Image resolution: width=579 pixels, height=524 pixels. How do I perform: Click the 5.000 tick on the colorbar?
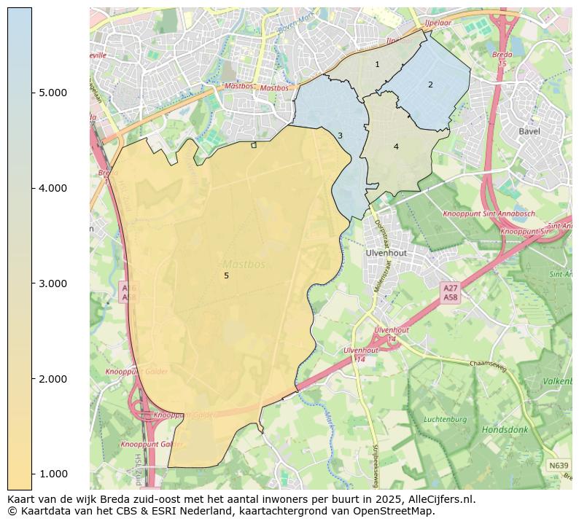[x=53, y=93]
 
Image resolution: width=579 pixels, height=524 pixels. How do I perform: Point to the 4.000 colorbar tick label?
[x=53, y=188]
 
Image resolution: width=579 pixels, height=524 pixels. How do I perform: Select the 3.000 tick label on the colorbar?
[x=53, y=283]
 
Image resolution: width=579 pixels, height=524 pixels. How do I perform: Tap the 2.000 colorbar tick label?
[x=53, y=379]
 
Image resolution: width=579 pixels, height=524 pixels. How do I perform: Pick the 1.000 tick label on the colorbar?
[x=53, y=474]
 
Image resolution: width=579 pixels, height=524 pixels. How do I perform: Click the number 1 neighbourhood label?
[x=377, y=65]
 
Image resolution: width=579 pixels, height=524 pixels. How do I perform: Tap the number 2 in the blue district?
[x=430, y=85]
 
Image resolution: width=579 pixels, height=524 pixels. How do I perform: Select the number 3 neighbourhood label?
[x=340, y=136]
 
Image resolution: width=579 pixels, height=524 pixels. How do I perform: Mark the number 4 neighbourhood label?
[x=396, y=147]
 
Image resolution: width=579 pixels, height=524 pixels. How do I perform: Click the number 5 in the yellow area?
[x=226, y=276]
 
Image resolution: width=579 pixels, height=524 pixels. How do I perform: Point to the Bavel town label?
[x=529, y=131]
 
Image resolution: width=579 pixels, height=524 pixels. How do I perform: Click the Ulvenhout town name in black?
[x=386, y=253]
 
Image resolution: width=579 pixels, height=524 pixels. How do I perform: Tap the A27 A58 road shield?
[x=451, y=293]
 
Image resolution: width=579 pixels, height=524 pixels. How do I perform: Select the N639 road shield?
[x=559, y=465]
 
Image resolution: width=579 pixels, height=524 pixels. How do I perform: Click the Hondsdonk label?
[x=505, y=430]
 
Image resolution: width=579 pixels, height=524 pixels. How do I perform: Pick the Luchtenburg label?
[x=445, y=419]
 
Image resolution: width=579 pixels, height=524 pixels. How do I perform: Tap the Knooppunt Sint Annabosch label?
[x=489, y=214]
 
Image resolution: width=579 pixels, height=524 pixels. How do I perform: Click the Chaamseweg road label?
[x=487, y=363]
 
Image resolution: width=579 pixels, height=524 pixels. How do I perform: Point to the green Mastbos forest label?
[x=244, y=264]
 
